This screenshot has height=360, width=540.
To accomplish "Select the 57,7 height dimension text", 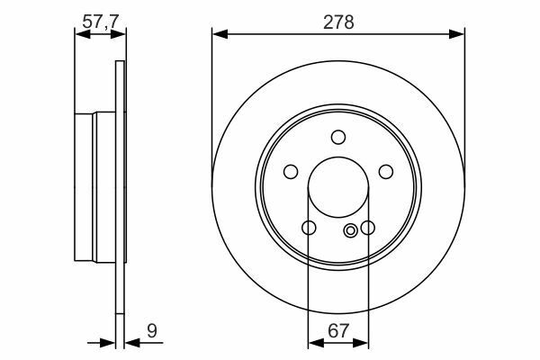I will point(101,21).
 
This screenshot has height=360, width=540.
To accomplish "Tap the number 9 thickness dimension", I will point(151,332).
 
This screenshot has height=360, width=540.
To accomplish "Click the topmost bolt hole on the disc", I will point(338,137).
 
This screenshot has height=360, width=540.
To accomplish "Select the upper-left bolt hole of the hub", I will point(291,172).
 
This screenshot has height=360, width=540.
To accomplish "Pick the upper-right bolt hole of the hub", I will point(386,172).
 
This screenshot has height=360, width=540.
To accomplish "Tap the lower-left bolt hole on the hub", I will point(309,228).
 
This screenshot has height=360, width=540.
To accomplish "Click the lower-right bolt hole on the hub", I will point(368,228).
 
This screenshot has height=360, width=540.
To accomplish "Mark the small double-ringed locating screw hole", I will point(351,229).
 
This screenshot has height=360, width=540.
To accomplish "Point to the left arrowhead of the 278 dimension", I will point(217,35).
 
